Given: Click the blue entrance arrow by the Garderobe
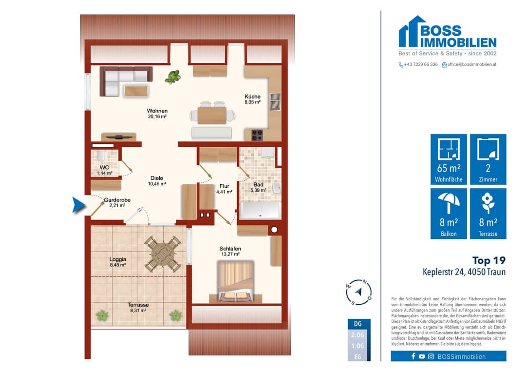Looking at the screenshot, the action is click(x=78, y=205).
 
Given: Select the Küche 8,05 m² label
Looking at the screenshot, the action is click(x=252, y=99).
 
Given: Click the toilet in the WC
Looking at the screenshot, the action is click(x=101, y=155).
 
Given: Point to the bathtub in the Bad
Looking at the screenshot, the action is click(x=260, y=211).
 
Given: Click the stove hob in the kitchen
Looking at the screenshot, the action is click(x=257, y=135).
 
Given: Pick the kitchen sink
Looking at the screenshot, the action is click(x=275, y=102).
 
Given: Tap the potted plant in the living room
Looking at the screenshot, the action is click(x=173, y=77).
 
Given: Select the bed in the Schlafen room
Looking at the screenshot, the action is click(x=236, y=281).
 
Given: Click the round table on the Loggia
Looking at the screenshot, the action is click(x=163, y=254).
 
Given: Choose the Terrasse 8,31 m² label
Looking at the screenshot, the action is click(x=138, y=308).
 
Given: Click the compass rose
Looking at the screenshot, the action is click(x=358, y=292).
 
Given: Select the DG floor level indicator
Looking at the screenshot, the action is click(x=358, y=324).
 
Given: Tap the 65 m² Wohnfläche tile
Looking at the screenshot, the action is click(x=449, y=159).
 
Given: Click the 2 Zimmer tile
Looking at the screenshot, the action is click(x=488, y=159).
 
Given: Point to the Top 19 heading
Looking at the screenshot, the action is click(x=489, y=260).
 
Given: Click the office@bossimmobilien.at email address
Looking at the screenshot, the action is click(x=471, y=64).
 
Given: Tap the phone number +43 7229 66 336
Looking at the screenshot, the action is click(x=421, y=64).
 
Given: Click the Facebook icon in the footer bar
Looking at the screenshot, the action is click(x=413, y=356).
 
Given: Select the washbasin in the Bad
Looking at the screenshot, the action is click(x=277, y=188).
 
